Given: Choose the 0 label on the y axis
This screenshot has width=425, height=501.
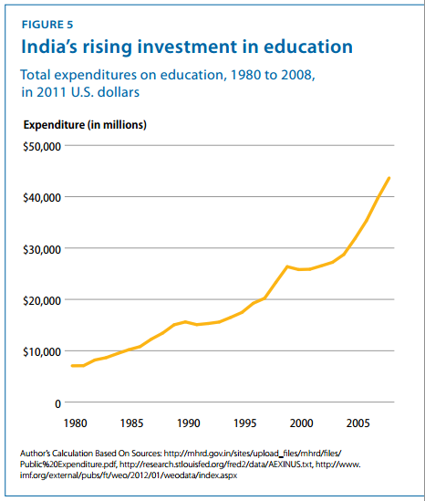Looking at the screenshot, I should [57, 402].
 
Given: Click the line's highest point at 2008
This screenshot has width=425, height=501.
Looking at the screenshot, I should [389, 177].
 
